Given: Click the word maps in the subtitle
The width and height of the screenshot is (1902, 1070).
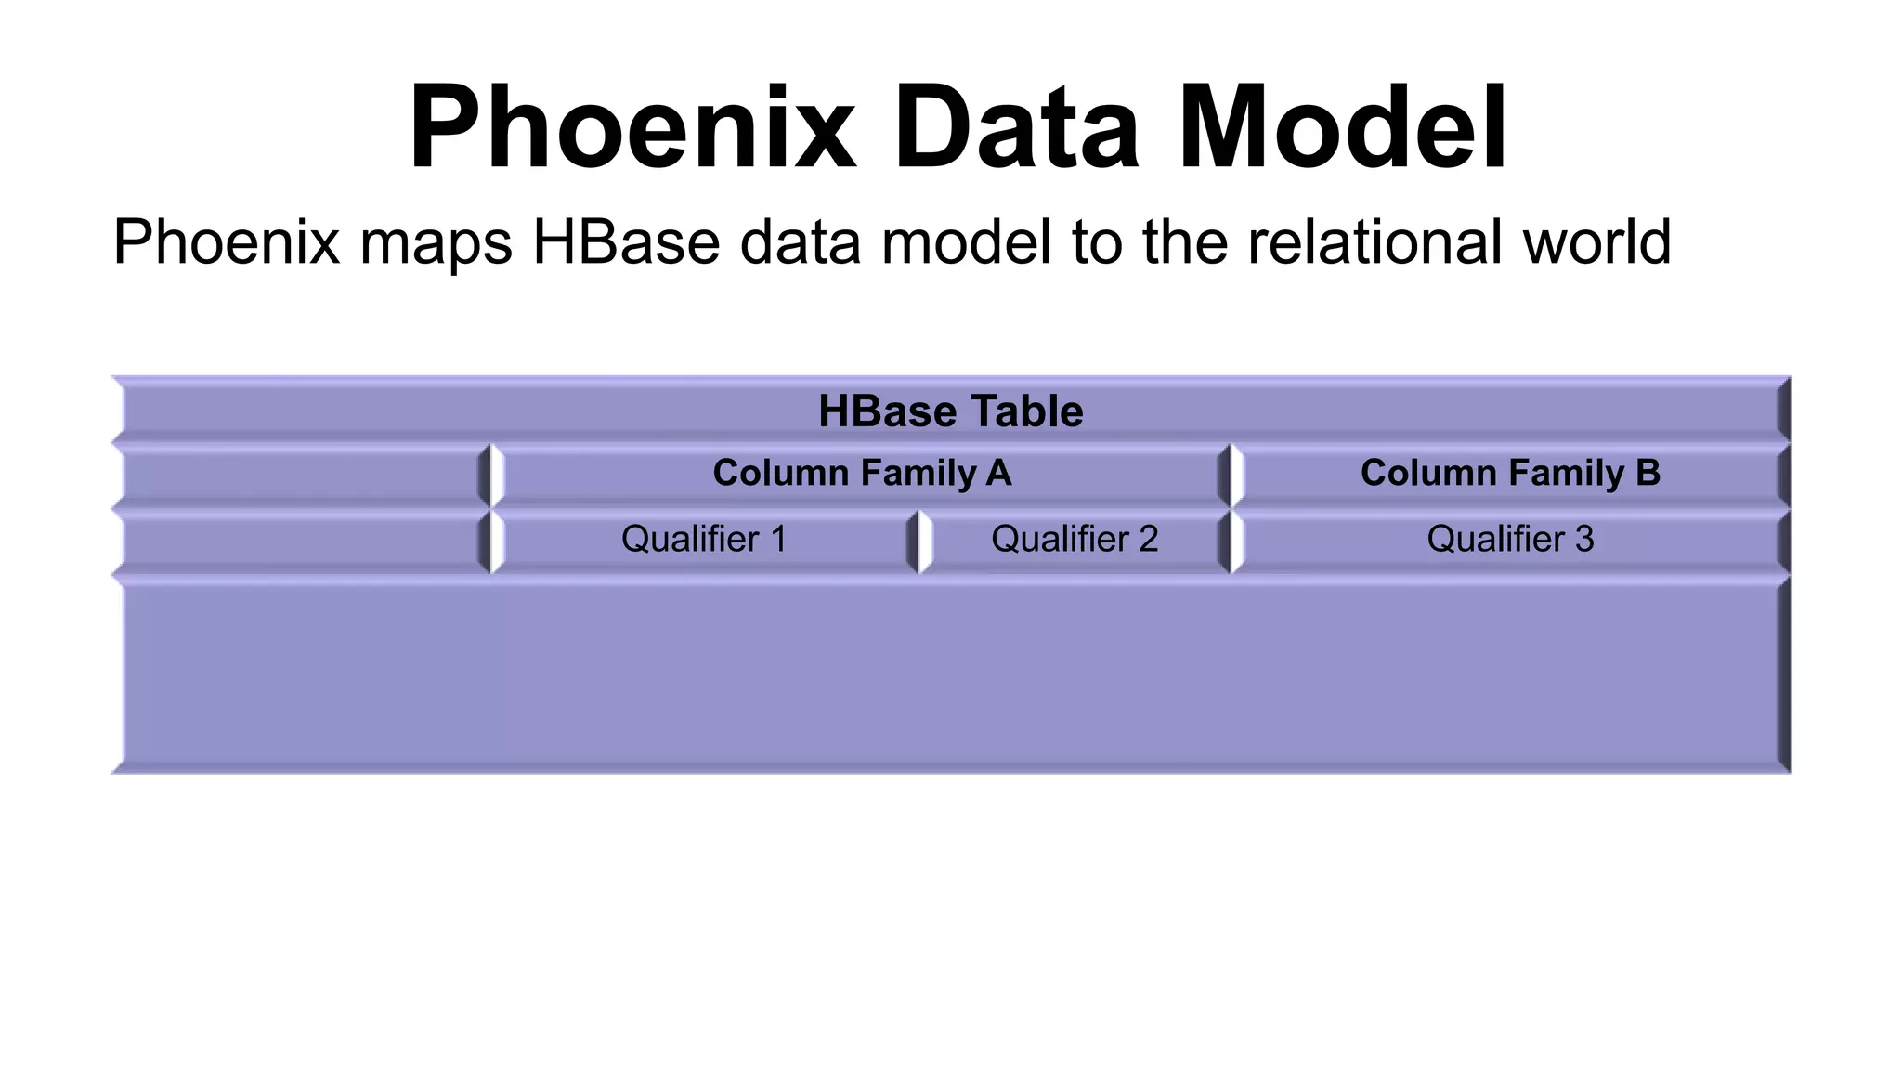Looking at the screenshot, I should (436, 243).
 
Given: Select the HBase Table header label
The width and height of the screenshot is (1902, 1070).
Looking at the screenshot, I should (950, 411).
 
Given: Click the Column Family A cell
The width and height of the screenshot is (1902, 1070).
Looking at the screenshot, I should (861, 474).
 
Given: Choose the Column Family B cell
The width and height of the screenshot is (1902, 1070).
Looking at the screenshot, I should (1510, 474).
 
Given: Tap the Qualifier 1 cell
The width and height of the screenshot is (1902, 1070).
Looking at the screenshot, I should (704, 540).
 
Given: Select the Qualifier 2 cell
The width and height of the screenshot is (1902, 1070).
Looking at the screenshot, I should (1075, 540).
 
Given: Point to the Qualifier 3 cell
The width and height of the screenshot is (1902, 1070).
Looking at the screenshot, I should (1510, 540).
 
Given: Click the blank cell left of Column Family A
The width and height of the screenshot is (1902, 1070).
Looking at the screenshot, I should (301, 476).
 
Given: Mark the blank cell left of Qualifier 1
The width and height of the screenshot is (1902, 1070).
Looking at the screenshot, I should (301, 542).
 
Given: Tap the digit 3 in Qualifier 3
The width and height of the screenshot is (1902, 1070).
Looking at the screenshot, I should (1584, 540).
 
